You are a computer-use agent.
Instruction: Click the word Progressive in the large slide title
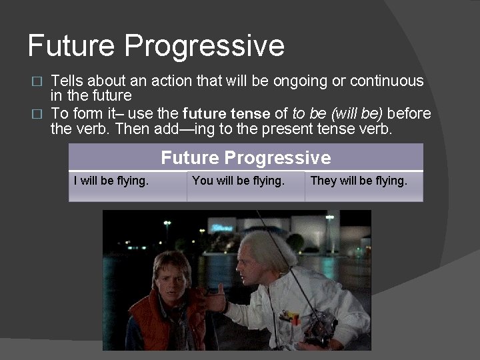pos(205,47)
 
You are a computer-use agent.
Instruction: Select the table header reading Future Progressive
pos(245,158)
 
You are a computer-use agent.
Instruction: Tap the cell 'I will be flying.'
pos(111,181)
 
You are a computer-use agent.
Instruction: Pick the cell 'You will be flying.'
pos(238,181)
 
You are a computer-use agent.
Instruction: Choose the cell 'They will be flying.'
pos(359,181)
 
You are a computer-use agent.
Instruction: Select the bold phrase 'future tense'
pos(226,113)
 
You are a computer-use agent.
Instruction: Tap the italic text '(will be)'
pos(353,113)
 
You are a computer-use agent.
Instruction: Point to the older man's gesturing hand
pos(215,300)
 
